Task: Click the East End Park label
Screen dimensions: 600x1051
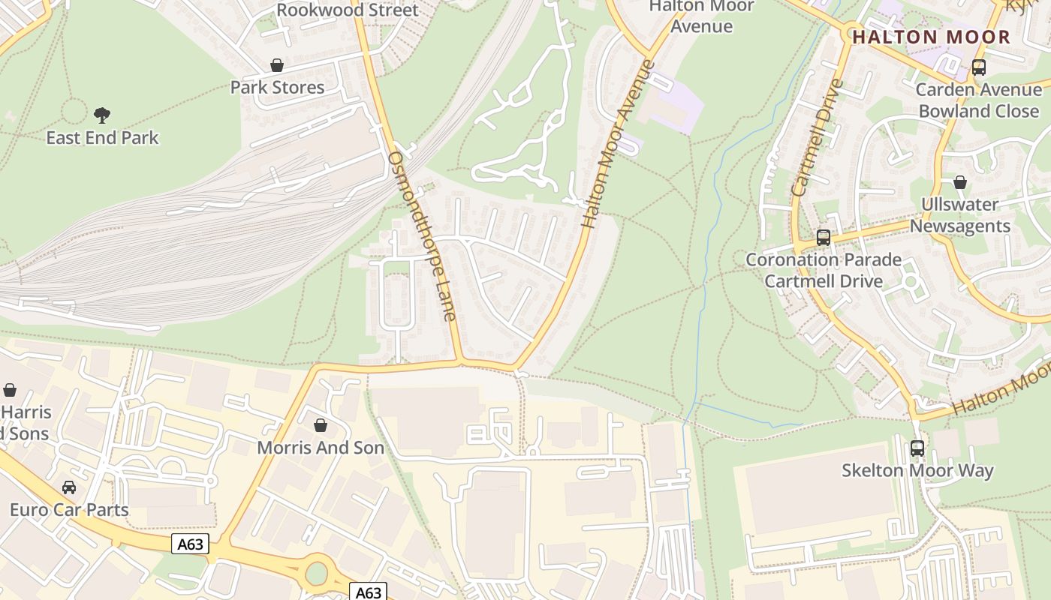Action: (102, 138)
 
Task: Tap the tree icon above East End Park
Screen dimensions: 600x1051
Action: (102, 115)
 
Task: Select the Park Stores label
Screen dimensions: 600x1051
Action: (277, 87)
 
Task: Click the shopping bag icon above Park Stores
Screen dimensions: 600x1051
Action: (277, 65)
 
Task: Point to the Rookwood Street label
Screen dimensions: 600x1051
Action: (347, 10)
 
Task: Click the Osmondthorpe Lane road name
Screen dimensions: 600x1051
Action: (422, 235)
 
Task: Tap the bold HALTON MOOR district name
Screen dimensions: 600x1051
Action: (931, 37)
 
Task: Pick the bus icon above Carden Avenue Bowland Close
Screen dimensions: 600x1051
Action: (978, 67)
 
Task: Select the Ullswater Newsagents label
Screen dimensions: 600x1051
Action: (959, 215)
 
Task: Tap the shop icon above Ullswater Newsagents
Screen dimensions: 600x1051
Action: (959, 182)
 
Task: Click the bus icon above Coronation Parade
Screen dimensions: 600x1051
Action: (824, 238)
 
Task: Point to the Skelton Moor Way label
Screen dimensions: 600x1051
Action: (917, 470)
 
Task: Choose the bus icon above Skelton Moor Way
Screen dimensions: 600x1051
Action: (917, 448)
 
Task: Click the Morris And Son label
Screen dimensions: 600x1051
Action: (321, 448)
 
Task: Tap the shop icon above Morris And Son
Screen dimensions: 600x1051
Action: (321, 426)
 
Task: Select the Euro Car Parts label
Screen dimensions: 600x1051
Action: (69, 510)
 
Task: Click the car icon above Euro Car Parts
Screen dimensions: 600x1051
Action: (69, 487)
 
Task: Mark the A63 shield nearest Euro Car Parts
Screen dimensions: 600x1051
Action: (190, 544)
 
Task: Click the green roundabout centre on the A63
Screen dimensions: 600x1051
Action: (316, 574)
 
